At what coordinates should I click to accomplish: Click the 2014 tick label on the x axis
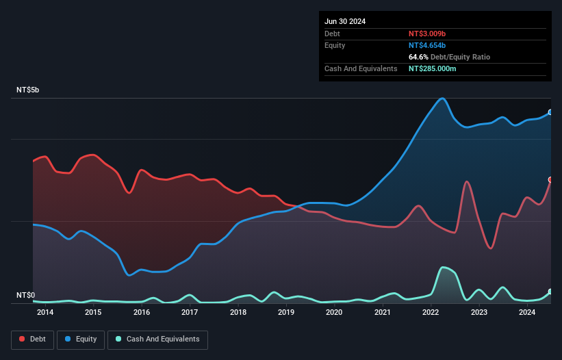click(x=45, y=313)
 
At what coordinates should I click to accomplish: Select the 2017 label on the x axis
click(x=190, y=313)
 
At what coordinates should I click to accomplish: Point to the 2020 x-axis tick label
click(x=334, y=313)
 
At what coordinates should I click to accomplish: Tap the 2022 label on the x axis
click(x=431, y=313)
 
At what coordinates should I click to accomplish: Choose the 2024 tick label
click(x=527, y=313)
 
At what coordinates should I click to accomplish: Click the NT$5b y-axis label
click(x=28, y=90)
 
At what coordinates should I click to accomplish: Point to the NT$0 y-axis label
click(x=25, y=295)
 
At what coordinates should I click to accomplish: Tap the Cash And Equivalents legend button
click(x=157, y=339)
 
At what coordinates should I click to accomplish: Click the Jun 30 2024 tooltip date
click(x=345, y=21)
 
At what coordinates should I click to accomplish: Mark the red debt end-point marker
click(x=550, y=180)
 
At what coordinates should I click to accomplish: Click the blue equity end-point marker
click(x=550, y=112)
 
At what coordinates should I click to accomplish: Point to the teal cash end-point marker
click(x=550, y=292)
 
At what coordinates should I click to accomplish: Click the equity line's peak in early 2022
click(x=443, y=98)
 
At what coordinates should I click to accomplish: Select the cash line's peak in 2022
click(x=444, y=267)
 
